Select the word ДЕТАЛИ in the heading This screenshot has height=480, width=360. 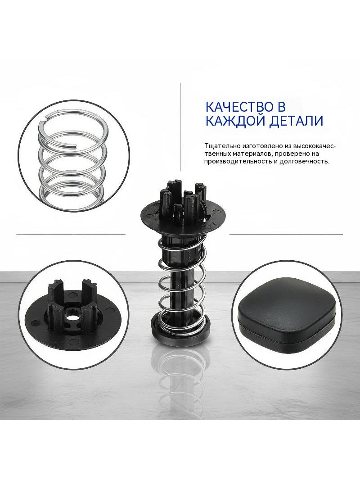pyautogui.click(x=296, y=121)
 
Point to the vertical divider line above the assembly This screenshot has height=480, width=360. pyautogui.click(x=180, y=127)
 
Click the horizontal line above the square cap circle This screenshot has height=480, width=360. pyautogui.click(x=286, y=235)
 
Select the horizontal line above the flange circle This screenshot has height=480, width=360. pyautogui.click(x=71, y=235)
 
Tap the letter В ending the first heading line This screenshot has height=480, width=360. pyautogui.click(x=281, y=107)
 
